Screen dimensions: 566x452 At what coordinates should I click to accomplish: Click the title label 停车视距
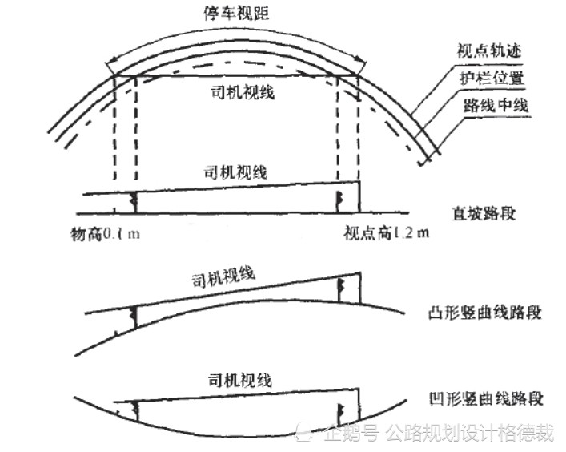click(x=236, y=13)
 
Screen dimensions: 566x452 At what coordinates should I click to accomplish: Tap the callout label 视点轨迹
click(x=489, y=50)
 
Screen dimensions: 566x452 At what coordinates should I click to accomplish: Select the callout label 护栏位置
click(x=492, y=78)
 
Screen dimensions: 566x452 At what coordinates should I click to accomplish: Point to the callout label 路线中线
click(x=496, y=105)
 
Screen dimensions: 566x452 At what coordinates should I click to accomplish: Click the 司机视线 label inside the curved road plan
click(x=243, y=92)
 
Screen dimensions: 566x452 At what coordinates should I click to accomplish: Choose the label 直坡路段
click(x=483, y=213)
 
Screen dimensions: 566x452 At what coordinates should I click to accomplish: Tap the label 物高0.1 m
click(x=105, y=234)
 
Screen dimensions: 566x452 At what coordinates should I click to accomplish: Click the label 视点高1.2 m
click(x=386, y=233)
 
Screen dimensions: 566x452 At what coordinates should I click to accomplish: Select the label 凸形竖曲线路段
click(x=485, y=312)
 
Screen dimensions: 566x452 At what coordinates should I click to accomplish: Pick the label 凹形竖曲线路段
click(x=486, y=398)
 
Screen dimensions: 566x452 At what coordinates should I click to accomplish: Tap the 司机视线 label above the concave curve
click(x=239, y=381)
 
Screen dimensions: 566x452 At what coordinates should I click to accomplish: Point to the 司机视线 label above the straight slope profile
click(x=235, y=172)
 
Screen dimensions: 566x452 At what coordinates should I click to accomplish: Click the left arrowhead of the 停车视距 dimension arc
click(x=110, y=63)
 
